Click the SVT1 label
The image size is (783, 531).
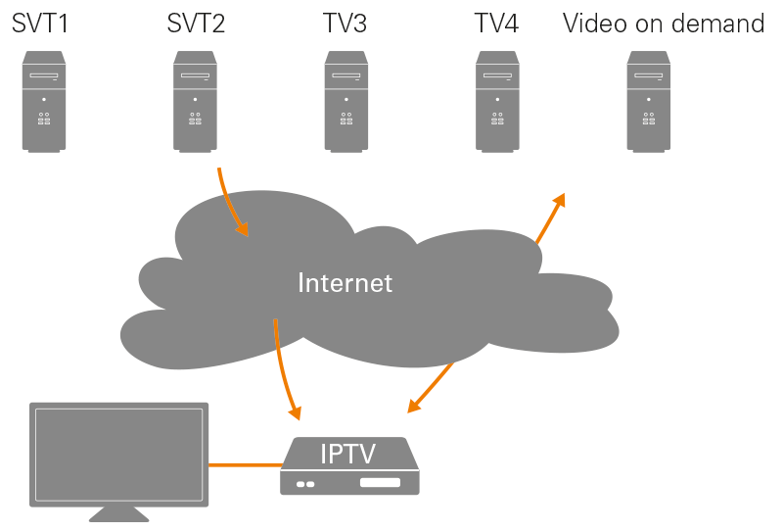coord(42,24)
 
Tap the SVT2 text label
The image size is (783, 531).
coord(196,24)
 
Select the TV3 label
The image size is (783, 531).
coord(345,24)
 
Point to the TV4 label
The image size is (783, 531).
coord(496,24)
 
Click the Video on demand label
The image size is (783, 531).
coord(664,24)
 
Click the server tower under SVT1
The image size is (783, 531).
coord(44,102)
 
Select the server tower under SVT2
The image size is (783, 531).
coord(196,102)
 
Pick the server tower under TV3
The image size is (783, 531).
coord(346,102)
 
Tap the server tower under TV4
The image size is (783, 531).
coord(497,102)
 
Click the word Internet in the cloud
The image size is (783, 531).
coord(345,283)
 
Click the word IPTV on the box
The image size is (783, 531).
coord(348,454)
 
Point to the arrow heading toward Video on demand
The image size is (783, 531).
coord(550,218)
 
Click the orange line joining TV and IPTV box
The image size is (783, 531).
coord(245,464)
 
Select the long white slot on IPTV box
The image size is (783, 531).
coord(380,483)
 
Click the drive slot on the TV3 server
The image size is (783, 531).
coord(346,76)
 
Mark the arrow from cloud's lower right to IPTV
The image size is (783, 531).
coord(432,387)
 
